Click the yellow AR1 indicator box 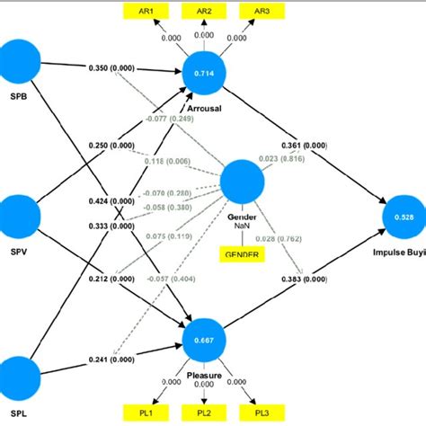coord(145,12)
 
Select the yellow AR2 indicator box coord(203,12)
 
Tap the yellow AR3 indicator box coord(262,12)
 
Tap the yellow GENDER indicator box coord(239,255)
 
